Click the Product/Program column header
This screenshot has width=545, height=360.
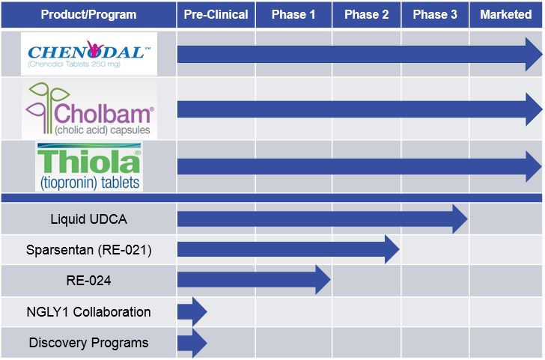[x=88, y=15]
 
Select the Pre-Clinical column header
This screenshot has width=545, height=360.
[x=216, y=15]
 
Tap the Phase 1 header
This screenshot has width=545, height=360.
[x=293, y=15]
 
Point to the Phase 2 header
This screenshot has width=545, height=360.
[x=367, y=15]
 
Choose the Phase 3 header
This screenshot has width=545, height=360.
[x=435, y=15]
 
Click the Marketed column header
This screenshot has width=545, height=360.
[x=506, y=15]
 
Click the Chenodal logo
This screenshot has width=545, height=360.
[x=89, y=53]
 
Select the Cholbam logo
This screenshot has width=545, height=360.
[x=89, y=109]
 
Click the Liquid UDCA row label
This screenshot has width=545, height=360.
[x=88, y=219]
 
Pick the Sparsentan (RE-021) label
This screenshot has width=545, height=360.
[x=88, y=250]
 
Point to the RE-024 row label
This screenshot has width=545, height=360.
[x=88, y=281]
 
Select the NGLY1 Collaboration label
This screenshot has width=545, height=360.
[x=88, y=311]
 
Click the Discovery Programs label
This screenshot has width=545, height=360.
[x=88, y=343]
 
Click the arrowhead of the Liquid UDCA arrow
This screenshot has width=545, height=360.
[x=459, y=219]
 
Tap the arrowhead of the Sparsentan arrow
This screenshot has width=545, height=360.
[x=392, y=249]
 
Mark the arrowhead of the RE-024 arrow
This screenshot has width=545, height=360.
[x=323, y=280]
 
